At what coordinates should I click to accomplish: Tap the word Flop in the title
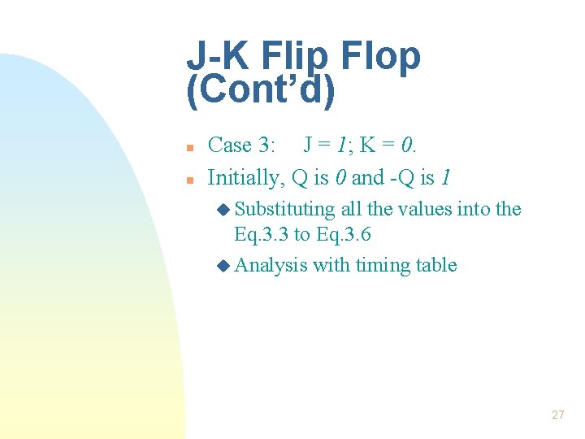tap(381, 56)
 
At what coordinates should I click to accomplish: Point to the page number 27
tap(557, 415)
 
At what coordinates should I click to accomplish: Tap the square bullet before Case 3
tap(188, 148)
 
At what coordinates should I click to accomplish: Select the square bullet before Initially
tap(188, 179)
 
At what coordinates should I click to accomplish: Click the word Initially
tap(243, 176)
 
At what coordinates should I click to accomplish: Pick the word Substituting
tap(284, 209)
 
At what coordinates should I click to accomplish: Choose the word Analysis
tap(271, 265)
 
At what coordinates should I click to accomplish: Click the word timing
tap(382, 265)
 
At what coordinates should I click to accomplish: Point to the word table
tap(435, 265)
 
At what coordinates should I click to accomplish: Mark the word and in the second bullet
tap(367, 176)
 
